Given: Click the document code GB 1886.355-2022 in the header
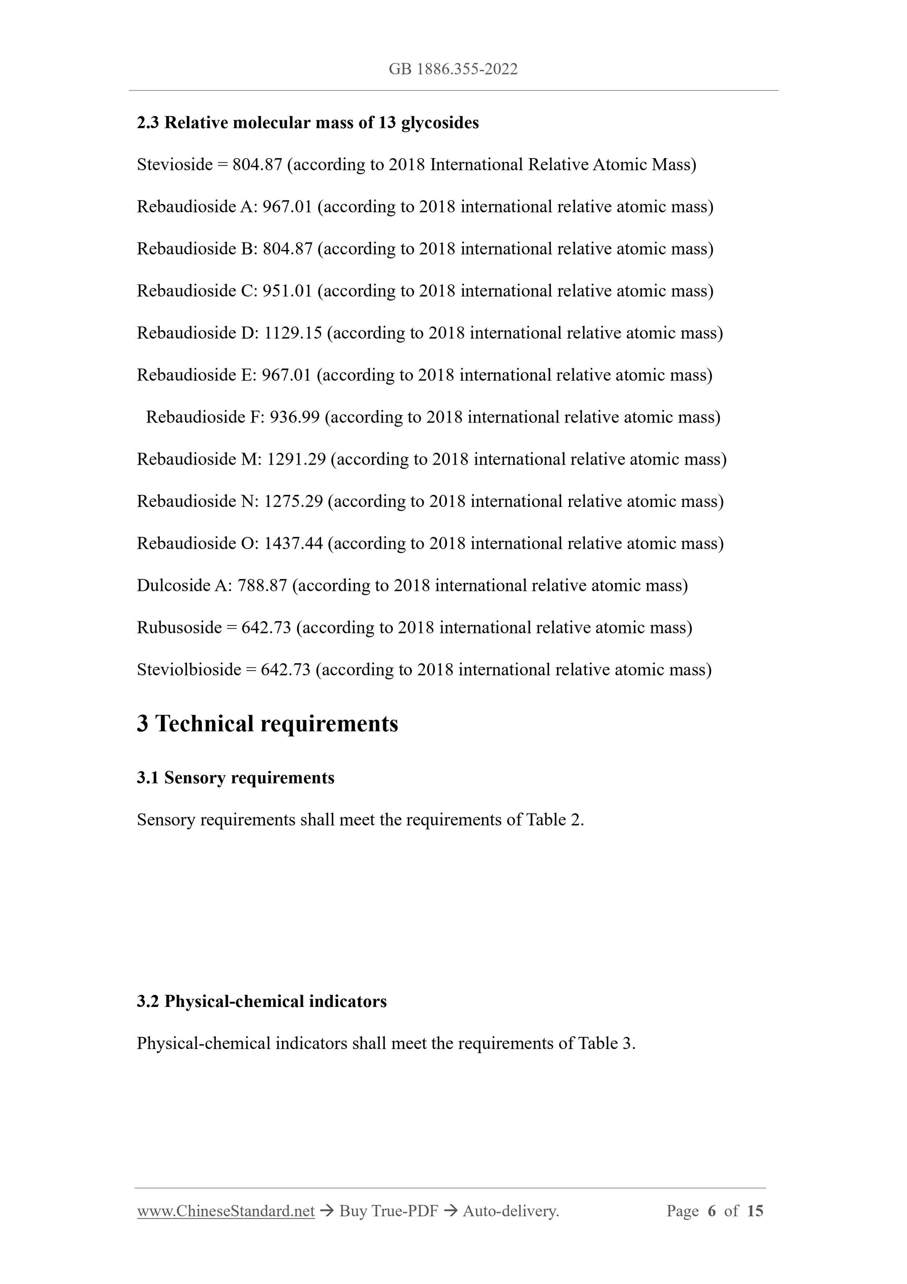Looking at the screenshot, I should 453,69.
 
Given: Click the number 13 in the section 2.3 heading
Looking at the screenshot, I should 387,123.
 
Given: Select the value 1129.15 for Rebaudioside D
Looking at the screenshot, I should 293,333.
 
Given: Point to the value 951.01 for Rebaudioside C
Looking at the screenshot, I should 287,292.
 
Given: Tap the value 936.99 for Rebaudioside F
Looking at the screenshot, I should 295,417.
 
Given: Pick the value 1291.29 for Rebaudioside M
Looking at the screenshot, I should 296,460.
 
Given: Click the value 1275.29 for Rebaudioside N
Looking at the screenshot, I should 293,502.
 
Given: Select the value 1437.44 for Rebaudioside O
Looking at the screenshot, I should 293,543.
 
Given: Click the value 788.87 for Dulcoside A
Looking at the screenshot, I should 262,585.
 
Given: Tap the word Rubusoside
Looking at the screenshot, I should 179,627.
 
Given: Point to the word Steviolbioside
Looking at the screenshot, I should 189,670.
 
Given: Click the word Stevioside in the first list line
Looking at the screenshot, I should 175,165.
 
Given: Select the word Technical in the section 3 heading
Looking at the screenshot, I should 205,724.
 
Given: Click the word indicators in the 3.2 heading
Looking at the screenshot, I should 348,1001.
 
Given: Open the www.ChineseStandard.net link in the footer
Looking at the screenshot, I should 226,1211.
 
